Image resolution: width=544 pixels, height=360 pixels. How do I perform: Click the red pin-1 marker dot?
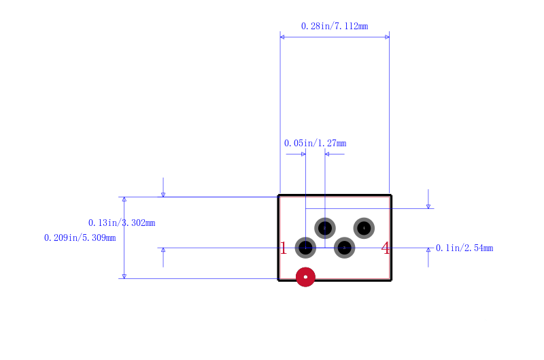click(x=305, y=277)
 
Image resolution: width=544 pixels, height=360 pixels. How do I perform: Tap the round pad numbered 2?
click(x=325, y=228)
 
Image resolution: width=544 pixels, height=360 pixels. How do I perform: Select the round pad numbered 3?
click(x=344, y=248)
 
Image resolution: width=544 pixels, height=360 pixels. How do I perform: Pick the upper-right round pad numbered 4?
click(x=364, y=228)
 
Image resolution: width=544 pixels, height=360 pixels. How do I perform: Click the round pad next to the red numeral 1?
click(x=305, y=248)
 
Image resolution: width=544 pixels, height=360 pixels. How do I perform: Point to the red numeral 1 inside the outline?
click(x=284, y=248)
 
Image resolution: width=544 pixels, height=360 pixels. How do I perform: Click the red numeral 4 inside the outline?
click(x=386, y=248)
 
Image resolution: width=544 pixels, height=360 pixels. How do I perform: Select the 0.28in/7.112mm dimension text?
click(x=335, y=26)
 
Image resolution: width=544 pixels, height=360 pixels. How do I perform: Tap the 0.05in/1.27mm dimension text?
click(x=315, y=143)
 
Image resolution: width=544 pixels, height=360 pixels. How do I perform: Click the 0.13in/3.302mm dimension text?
click(x=122, y=223)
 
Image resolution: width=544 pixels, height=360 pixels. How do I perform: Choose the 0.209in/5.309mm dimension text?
click(x=80, y=238)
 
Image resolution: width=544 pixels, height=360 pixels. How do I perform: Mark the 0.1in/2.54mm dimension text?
click(x=464, y=248)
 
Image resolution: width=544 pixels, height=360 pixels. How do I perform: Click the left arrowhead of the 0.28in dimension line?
click(x=282, y=37)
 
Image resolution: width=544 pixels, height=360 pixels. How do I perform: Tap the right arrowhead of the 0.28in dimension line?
click(x=387, y=37)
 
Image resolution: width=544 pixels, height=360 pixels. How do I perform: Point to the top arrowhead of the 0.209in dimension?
click(x=124, y=199)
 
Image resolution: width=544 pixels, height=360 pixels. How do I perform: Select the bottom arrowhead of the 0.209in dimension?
click(x=124, y=276)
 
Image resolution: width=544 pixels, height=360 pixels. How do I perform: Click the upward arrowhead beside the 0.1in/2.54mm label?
click(x=428, y=250)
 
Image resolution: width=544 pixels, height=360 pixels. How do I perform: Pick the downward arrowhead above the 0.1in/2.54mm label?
click(x=428, y=206)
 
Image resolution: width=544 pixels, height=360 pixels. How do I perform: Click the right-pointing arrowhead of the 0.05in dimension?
click(x=303, y=154)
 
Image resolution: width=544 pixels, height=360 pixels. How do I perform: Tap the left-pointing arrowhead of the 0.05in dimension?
click(x=327, y=154)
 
